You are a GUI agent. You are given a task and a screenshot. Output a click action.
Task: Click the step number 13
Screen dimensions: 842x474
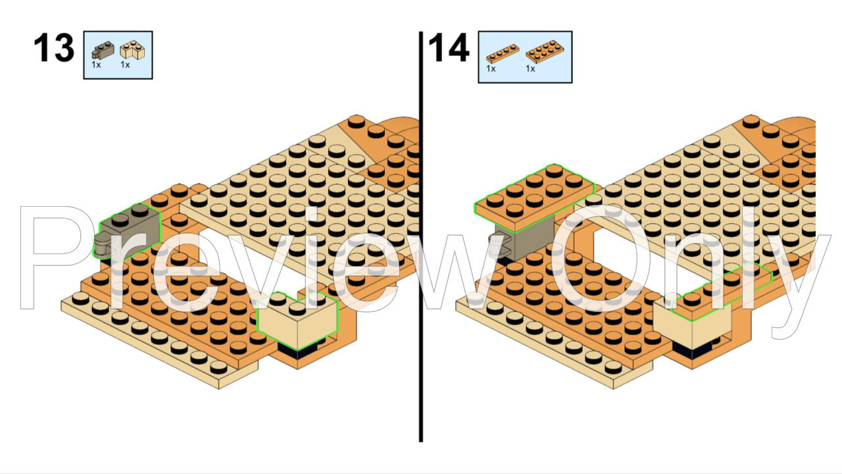click(54, 48)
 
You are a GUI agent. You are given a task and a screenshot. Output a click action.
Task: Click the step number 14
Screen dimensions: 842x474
click(449, 48)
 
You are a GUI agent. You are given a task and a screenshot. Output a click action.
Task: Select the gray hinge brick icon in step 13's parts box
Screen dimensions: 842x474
click(103, 51)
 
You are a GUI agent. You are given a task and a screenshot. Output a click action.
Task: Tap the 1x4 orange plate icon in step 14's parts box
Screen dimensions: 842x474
click(503, 54)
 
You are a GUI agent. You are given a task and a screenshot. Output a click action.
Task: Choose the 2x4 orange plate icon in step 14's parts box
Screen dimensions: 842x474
click(545, 51)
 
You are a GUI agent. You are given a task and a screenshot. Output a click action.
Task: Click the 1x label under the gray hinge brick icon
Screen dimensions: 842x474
click(96, 65)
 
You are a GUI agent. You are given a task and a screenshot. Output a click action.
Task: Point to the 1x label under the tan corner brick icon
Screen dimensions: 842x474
click(125, 65)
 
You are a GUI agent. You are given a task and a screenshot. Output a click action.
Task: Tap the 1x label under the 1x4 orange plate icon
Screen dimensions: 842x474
click(491, 69)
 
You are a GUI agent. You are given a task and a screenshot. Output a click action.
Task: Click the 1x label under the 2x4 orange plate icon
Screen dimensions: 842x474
click(530, 69)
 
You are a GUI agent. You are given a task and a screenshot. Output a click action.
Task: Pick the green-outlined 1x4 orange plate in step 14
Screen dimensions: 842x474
click(722, 292)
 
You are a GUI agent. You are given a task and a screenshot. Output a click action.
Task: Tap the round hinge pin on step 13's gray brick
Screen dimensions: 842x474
click(101, 246)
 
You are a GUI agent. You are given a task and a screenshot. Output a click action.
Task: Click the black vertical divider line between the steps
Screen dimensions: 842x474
click(420, 237)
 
